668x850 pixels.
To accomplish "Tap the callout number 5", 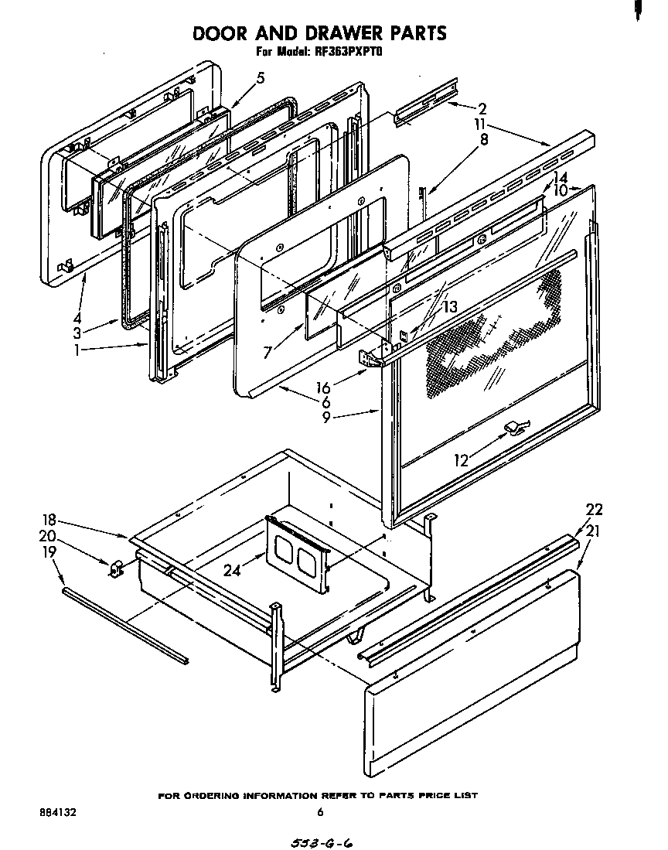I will (261, 77).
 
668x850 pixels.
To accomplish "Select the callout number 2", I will (481, 108).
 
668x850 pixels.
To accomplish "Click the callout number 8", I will (484, 140).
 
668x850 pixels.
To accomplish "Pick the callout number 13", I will (449, 308).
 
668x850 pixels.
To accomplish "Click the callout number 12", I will (462, 460).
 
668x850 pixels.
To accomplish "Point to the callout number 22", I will (594, 510).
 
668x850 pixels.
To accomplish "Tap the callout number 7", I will (268, 353).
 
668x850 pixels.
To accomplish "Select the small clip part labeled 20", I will (115, 570).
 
